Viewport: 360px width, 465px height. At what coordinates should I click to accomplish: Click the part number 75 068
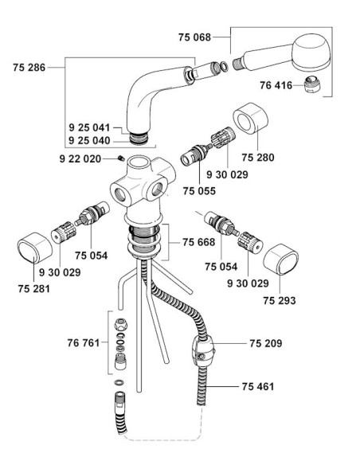194,37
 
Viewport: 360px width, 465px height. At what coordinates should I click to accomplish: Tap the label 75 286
29,68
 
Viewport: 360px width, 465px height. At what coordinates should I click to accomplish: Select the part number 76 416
276,85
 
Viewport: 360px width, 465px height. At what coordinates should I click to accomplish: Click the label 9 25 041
89,128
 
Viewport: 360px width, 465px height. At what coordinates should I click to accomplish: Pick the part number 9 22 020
80,159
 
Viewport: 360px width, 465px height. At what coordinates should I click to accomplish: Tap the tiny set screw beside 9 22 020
121,158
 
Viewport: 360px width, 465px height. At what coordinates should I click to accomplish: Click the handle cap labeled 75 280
250,119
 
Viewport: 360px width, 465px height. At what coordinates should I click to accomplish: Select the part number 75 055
199,191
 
